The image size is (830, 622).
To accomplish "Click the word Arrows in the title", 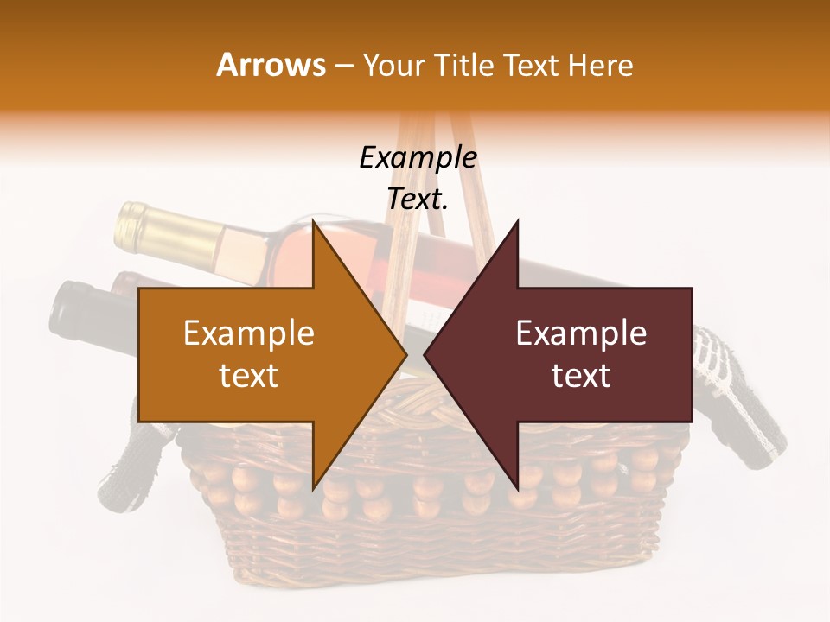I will point(271,65).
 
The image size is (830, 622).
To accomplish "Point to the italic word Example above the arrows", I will point(418,158).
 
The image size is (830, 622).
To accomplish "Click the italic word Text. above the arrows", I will point(418,200).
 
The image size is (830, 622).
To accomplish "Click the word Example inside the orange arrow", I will point(248,333).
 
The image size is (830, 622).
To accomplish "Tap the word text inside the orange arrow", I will point(248,376).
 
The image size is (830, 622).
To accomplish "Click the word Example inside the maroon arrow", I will point(581,333).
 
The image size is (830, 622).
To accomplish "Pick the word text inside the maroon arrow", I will point(581,376).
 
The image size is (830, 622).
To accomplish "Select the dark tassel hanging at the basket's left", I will point(121,471).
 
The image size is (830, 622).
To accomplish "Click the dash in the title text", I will point(343,66).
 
